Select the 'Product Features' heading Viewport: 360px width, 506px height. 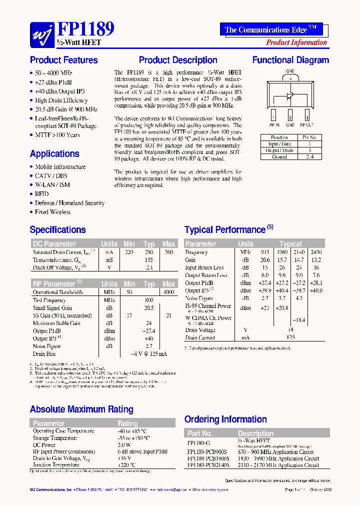click(x=63, y=60)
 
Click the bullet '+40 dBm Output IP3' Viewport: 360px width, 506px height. click(x=59, y=91)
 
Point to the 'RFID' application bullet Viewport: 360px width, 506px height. click(x=41, y=194)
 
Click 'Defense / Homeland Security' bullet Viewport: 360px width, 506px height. click(x=69, y=203)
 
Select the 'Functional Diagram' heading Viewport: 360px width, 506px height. click(x=290, y=60)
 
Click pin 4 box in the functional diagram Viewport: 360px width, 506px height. click(x=290, y=78)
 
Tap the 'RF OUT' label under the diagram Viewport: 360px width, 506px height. click(x=306, y=125)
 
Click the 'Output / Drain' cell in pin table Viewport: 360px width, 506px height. click(x=279, y=150)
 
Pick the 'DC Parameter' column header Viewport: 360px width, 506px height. click(x=54, y=244)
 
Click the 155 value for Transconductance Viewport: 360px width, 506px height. click(x=149, y=260)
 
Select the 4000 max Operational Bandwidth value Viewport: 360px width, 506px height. click(x=168, y=291)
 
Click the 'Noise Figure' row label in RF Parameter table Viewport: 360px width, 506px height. click(x=46, y=346)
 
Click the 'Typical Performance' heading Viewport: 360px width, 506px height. click(x=225, y=230)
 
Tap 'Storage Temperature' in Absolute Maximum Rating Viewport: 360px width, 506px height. click(x=55, y=438)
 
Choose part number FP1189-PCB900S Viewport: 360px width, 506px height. click(x=208, y=451)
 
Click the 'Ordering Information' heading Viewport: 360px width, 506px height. click(x=225, y=419)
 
